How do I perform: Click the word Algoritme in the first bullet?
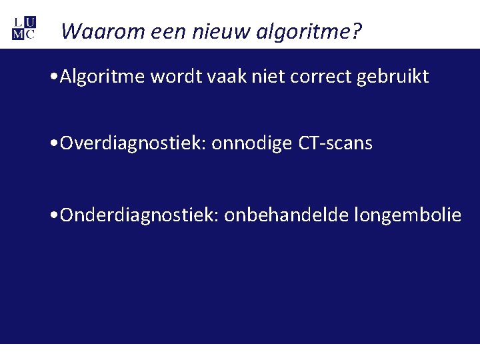(103, 77)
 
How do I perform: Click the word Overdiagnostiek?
(133, 143)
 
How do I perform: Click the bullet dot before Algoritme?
(54, 77)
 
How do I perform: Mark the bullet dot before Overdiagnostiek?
(54, 144)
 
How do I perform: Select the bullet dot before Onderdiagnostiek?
(54, 215)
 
